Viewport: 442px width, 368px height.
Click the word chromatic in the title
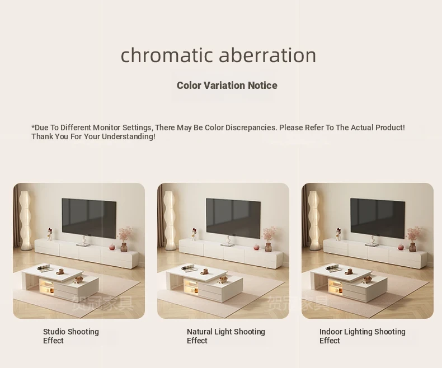166,55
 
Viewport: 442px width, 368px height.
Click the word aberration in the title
267,55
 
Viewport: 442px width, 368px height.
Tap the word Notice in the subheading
262,86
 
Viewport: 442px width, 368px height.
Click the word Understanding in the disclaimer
128,136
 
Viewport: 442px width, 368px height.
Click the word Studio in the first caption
54,332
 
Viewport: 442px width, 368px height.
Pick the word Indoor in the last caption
330,332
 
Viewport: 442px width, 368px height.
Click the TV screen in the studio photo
89,218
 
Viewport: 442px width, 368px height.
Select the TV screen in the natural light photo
233,218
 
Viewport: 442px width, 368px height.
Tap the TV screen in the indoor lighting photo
378,218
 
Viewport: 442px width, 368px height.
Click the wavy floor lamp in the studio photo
25,220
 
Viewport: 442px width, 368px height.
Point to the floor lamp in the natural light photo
170,220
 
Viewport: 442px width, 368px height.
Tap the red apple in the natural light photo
256,247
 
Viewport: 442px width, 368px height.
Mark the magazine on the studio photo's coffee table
45,268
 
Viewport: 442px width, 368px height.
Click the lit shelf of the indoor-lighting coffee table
336,286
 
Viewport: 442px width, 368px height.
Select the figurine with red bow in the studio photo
50,234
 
